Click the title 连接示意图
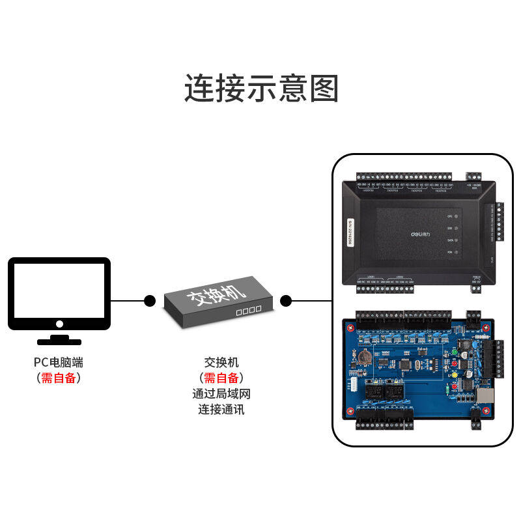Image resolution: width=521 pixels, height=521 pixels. (261, 89)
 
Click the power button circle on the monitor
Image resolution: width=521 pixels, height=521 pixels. (59, 323)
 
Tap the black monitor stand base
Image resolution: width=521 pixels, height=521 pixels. (59, 341)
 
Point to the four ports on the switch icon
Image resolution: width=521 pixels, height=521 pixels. (248, 311)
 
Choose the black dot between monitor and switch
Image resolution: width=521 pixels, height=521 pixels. (150, 301)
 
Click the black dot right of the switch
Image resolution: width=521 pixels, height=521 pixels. (285, 301)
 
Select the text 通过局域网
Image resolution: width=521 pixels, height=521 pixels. (221, 394)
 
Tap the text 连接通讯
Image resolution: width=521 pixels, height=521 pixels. (221, 410)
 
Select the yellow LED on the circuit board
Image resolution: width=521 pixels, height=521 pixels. (451, 376)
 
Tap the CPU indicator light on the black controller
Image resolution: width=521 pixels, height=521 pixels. (458, 216)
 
